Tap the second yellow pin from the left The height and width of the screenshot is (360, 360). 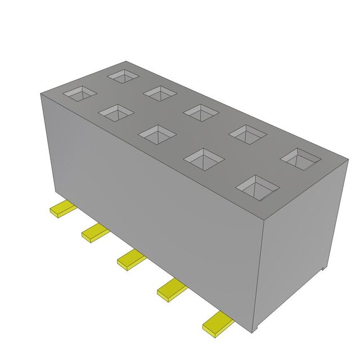95,232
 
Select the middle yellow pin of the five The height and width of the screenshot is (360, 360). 131,258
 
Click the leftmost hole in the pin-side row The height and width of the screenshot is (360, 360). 79,93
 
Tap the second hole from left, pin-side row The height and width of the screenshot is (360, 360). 116,112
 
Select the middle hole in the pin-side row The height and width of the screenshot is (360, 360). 157,134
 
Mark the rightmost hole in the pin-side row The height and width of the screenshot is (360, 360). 256,186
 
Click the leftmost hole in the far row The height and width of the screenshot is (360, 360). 124,75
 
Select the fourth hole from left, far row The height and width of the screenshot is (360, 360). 247,134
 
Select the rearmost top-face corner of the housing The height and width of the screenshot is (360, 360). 127,61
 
